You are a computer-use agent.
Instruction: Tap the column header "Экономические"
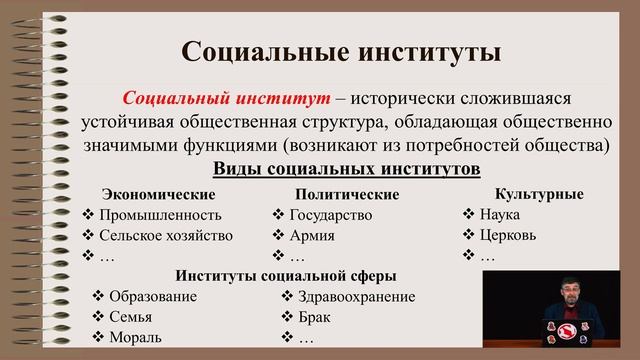(x=159, y=193)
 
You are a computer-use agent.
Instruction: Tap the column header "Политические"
(x=347, y=194)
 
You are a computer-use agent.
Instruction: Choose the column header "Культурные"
(x=539, y=192)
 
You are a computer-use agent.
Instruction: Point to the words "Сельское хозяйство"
(x=166, y=236)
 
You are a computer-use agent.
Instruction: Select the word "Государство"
(x=330, y=215)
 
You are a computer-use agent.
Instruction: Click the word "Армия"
(x=312, y=236)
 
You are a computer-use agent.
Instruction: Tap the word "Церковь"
(x=508, y=235)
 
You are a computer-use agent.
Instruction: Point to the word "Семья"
(x=131, y=317)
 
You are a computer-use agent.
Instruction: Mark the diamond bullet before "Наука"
(x=469, y=214)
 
